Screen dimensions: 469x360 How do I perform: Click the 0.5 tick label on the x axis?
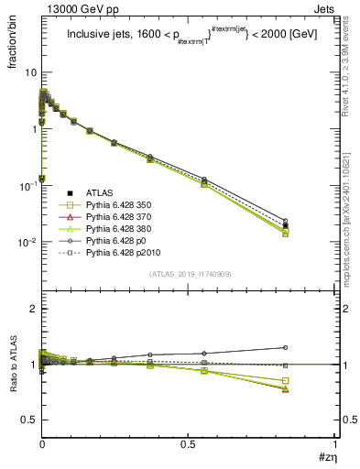pos(188,445)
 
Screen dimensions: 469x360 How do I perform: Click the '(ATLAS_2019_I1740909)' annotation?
pos(188,274)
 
